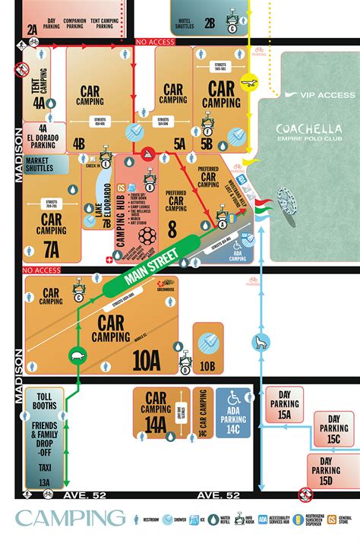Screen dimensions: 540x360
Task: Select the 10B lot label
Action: click(208, 366)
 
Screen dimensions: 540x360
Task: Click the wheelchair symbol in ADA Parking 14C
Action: click(233, 398)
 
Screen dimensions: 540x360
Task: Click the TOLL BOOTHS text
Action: click(45, 400)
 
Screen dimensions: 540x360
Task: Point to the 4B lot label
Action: click(78, 142)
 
